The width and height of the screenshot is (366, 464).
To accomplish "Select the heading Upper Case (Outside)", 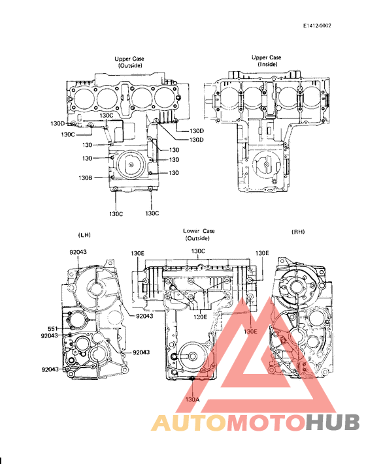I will tap(129, 63).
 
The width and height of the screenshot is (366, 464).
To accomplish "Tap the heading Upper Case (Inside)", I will tap(266, 61).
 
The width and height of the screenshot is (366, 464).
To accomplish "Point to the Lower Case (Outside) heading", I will tap(199, 235).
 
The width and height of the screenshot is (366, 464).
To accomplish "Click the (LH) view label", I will tap(85, 232).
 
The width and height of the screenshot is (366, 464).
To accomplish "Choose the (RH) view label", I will tap(297, 232).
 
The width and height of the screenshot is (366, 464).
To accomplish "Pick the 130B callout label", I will tap(85, 178).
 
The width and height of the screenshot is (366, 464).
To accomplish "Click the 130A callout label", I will tap(192, 399).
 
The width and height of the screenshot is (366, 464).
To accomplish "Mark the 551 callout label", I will tap(53, 328).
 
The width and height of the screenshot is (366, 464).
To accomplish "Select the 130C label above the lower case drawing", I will tap(197, 251).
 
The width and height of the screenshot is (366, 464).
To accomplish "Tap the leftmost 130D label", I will tap(58, 123).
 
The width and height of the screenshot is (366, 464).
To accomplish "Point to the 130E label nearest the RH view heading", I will tap(262, 253).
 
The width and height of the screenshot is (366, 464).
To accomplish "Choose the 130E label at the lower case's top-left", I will tap(138, 253).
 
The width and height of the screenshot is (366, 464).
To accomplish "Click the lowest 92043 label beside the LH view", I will tap(50, 369).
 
